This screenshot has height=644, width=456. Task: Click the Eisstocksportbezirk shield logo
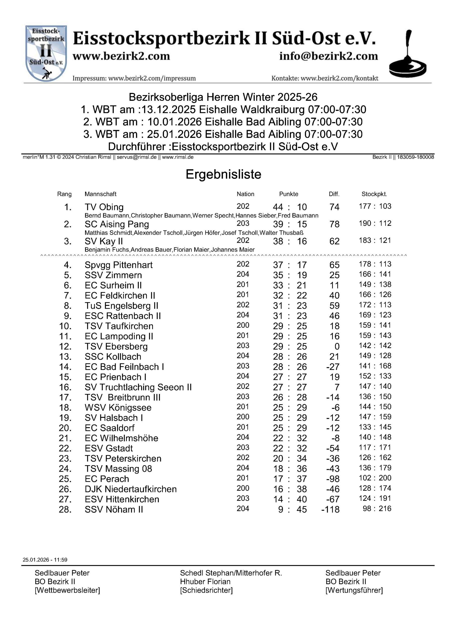46,53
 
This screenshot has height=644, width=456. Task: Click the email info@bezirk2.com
329,56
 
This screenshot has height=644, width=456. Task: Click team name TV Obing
104,207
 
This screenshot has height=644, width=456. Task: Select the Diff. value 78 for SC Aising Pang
334,224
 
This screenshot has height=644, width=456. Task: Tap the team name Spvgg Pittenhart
119,265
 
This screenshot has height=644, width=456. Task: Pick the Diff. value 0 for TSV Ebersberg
337,346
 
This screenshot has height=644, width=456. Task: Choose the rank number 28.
65,509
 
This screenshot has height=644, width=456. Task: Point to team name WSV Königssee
118,408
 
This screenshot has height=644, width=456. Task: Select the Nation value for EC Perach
243,478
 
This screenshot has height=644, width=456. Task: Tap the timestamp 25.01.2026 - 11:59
45,559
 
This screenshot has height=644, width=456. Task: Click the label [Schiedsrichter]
206,590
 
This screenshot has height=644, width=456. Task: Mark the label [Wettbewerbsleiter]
67,590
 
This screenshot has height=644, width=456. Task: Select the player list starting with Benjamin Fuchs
170,250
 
